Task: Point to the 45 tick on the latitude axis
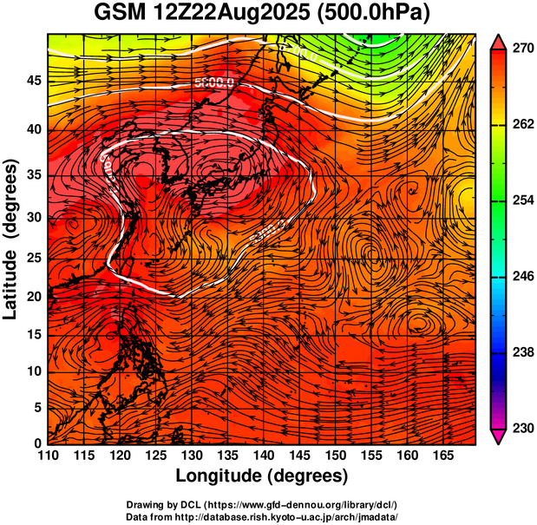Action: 32,82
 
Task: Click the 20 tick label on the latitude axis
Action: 32,296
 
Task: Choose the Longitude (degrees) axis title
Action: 262,476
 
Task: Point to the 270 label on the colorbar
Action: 521,50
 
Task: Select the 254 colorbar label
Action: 521,200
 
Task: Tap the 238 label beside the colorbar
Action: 521,352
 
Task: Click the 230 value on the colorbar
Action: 521,428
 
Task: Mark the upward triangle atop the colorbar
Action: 499,42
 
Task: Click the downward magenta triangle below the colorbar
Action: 499,436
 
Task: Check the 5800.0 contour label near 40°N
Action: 214,84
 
